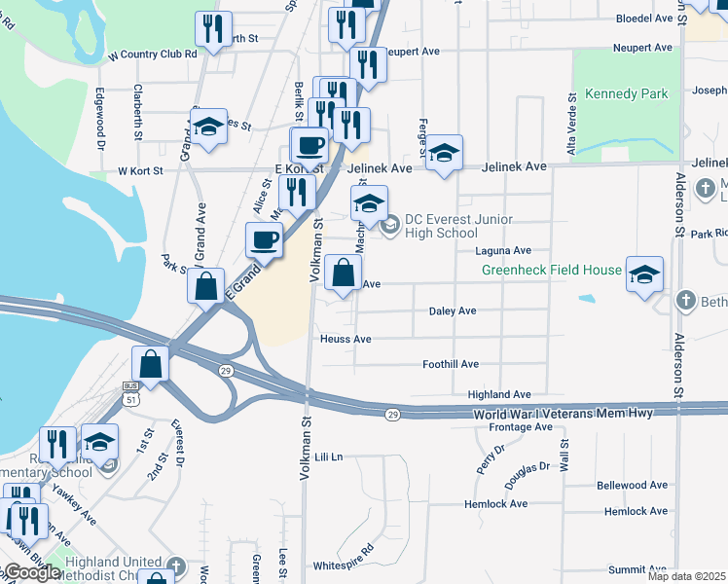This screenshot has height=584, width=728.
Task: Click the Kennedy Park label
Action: point(627,94)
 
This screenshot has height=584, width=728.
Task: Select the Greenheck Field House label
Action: point(551,270)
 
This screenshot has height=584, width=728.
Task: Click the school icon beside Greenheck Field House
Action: point(644,275)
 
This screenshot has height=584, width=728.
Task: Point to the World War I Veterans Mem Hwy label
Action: point(563,415)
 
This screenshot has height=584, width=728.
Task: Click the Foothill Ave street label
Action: point(451,364)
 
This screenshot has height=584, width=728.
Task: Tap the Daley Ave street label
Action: point(453,310)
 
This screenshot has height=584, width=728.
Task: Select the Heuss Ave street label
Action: point(346,339)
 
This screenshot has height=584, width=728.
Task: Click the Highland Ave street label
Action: point(499,394)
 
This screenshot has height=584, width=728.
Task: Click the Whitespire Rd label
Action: point(343,565)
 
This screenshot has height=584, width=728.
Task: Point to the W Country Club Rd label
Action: point(153,55)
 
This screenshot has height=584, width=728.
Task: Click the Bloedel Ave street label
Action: point(644,18)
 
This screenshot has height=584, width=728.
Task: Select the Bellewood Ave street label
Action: point(633,485)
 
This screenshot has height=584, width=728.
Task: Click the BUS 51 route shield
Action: point(131,392)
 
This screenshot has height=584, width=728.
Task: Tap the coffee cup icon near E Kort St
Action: point(310,147)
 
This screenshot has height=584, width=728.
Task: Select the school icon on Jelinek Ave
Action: point(444,154)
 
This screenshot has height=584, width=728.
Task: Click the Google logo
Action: point(33,572)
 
